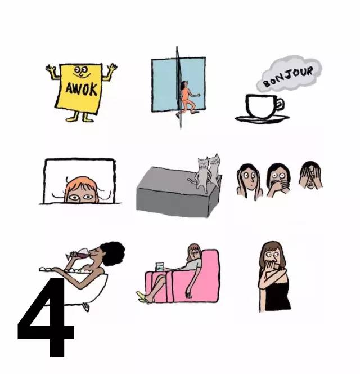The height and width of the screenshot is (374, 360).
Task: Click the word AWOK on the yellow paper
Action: point(81,89)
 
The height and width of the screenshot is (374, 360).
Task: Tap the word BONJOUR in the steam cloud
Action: point(289,77)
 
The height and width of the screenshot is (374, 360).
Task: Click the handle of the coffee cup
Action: point(280,104)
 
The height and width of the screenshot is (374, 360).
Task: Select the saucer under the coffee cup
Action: point(262,119)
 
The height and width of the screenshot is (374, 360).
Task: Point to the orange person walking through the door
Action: point(187,99)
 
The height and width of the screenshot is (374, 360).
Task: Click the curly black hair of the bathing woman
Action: point(112,253)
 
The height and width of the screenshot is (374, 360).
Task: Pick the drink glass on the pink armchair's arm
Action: point(160,267)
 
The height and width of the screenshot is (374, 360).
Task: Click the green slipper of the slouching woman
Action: point(142,297)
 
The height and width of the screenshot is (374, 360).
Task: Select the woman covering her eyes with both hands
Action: point(310,175)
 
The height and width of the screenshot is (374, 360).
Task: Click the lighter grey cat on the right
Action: point(214,170)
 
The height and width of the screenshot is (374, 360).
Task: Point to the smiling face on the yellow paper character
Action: point(81,72)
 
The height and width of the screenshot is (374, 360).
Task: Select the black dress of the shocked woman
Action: point(277,295)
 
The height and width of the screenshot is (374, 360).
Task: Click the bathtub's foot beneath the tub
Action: point(86,307)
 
